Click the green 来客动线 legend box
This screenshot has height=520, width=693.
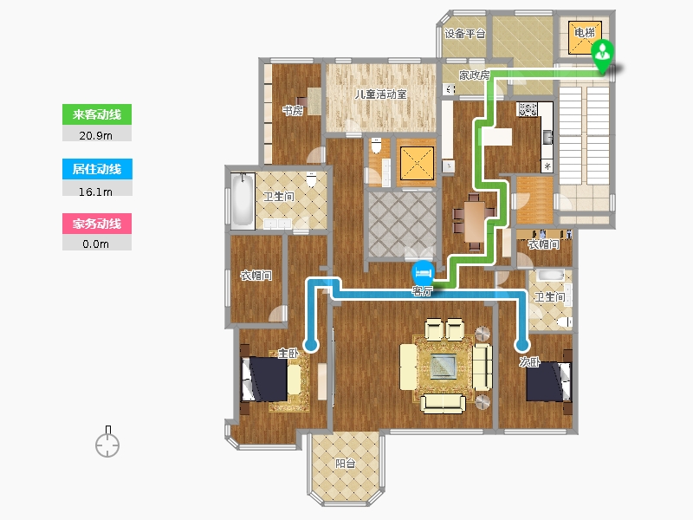click(x=97, y=114)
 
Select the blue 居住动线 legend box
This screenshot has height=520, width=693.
click(x=97, y=169)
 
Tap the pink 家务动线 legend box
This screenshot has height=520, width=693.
click(x=97, y=224)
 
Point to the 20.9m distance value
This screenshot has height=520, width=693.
click(x=95, y=135)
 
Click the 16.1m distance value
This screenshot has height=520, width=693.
click(x=95, y=192)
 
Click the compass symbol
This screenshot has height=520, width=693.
click(x=107, y=442)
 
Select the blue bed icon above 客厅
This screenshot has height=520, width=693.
click(x=423, y=273)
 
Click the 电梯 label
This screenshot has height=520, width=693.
click(x=584, y=32)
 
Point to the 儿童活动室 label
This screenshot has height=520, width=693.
click(x=380, y=94)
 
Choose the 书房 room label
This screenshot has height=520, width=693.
click(x=293, y=111)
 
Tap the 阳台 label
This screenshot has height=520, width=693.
click(x=345, y=463)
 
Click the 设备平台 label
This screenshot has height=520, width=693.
click(x=464, y=34)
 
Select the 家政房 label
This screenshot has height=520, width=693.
click(x=474, y=75)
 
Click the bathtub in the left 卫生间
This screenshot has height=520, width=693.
click(x=243, y=200)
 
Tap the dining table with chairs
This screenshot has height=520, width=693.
click(x=474, y=221)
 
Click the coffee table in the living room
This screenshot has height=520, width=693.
click(x=444, y=366)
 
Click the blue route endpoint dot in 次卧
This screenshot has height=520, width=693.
click(x=523, y=344)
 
